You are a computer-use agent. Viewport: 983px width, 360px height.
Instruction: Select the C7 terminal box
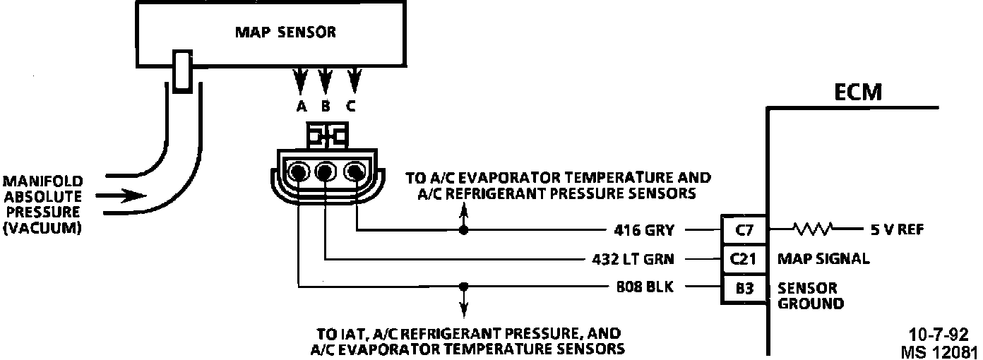(740, 229)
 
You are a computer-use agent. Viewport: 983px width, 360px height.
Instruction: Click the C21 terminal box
(740, 258)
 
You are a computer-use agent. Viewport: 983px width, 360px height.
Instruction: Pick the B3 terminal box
(740, 287)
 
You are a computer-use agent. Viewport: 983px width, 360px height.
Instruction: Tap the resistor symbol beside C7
(814, 229)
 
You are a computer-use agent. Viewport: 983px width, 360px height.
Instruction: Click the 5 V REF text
(893, 230)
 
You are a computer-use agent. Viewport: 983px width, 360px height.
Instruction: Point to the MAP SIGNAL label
(823, 259)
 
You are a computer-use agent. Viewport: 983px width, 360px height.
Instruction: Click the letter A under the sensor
(302, 107)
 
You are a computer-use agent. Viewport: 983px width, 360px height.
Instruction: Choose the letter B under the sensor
(326, 107)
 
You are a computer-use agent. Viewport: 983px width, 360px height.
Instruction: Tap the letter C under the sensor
(351, 107)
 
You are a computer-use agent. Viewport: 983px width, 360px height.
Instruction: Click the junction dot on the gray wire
(463, 230)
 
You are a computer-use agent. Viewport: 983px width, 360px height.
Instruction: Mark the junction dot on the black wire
(463, 287)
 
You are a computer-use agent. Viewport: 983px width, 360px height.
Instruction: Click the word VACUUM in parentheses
(42, 227)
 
